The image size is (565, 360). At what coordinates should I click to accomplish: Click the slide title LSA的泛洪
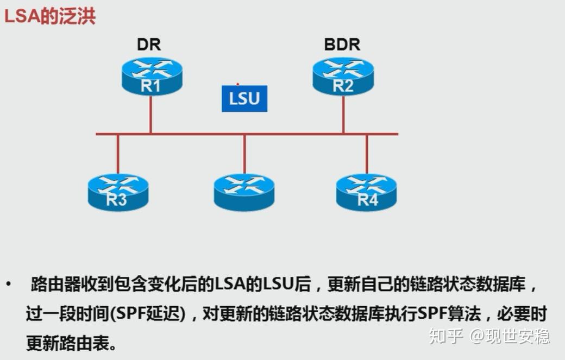pos(50,16)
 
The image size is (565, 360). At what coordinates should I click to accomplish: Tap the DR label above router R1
pos(148,45)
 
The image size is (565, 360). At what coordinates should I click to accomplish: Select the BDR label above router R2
pos(342,45)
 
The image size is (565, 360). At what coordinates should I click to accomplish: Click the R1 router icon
pos(152,76)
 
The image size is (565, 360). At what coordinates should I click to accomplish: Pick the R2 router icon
pos(343,76)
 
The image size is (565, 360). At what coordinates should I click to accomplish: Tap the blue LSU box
pos(244,99)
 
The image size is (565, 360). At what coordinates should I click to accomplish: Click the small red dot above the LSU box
pos(237,84)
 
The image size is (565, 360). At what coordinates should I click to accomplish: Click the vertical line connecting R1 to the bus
pos(150,114)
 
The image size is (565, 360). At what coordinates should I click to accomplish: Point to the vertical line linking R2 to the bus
pos(343,114)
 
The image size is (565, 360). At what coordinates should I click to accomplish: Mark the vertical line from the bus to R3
pos(117,154)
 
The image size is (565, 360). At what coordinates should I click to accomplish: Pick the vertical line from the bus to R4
pos(367,154)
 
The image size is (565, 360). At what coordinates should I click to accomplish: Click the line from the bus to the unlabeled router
pos(244,154)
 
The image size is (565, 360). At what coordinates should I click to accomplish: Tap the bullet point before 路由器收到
pos(8,284)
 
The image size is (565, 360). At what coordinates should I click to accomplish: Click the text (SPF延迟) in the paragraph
pos(147,314)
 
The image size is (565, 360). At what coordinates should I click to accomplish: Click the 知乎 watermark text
pos(445,336)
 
